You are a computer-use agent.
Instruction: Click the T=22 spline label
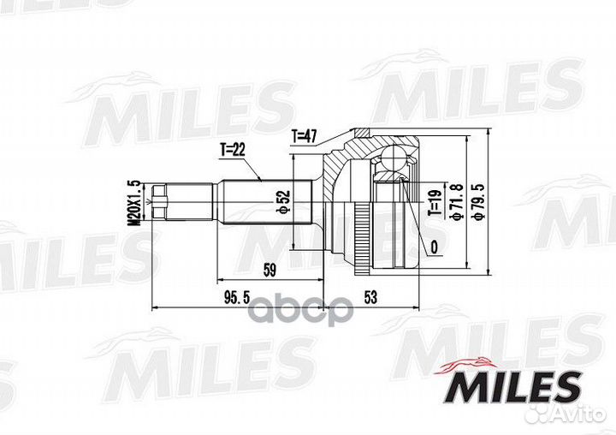(x=232, y=150)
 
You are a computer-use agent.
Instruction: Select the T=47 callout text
(x=305, y=136)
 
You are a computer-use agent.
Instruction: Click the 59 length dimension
(x=269, y=271)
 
